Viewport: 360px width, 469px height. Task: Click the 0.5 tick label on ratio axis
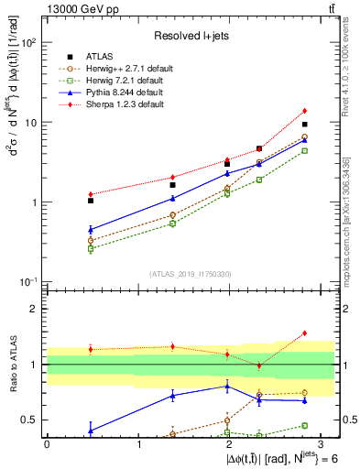click(x=32, y=420)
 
